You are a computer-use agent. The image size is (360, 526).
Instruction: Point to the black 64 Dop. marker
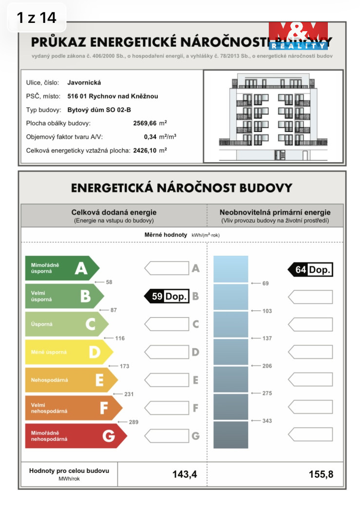click(310, 269)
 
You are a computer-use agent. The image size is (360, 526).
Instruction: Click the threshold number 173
click(124, 366)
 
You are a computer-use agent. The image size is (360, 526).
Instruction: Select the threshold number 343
click(267, 421)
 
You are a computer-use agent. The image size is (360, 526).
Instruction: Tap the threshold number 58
click(109, 282)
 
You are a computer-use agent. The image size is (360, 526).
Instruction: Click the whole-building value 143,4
click(184, 474)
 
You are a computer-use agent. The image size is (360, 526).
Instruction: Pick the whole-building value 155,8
click(321, 474)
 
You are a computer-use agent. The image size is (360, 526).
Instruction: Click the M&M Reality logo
click(298, 36)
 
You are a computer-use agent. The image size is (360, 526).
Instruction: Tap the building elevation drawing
click(273, 117)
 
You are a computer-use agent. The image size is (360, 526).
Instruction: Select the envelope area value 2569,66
click(145, 123)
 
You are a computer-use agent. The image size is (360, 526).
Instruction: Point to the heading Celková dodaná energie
click(114, 212)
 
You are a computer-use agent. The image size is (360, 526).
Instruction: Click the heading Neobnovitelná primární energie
click(275, 212)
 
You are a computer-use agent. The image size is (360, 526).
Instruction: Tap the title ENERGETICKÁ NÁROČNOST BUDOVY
click(181, 188)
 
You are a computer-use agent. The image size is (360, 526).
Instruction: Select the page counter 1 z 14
click(37, 18)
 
